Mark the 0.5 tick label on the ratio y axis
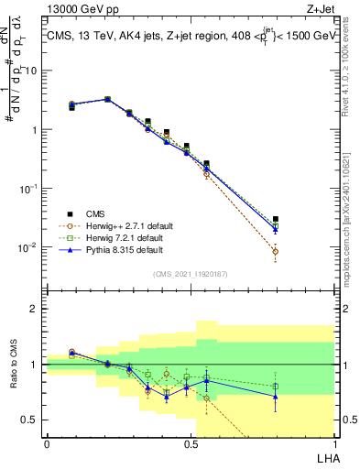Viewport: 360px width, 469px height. (x=31, y=420)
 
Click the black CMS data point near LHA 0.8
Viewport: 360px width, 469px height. (x=276, y=220)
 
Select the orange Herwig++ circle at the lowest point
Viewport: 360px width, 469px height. (x=276, y=251)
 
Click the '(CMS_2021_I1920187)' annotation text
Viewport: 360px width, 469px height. (x=190, y=274)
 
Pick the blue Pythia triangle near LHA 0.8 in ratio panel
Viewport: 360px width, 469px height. (x=276, y=397)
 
